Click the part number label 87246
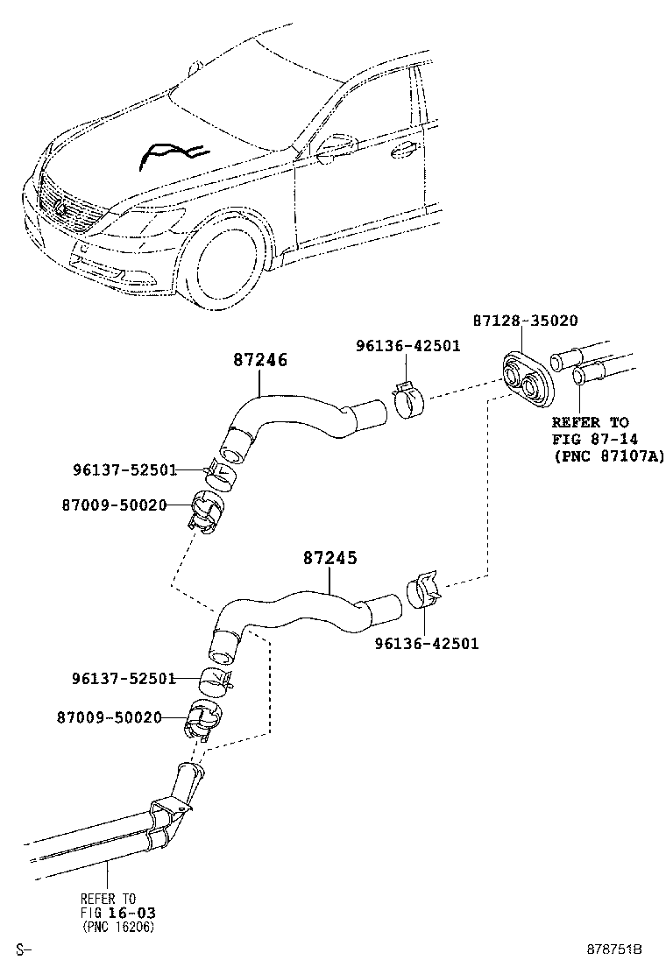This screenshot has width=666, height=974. tap(260, 360)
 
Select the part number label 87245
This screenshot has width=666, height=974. tap(330, 557)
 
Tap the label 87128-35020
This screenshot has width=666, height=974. tap(525, 321)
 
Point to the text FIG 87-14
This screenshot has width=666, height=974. tap(592, 439)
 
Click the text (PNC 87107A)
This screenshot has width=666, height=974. tap(609, 455)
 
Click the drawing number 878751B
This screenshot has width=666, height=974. tap(615, 949)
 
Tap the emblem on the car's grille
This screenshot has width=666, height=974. tap(60, 208)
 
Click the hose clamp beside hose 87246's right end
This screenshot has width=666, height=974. tap(407, 402)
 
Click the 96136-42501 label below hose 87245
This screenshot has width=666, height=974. tap(427, 644)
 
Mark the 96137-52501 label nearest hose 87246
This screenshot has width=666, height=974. tap(125, 470)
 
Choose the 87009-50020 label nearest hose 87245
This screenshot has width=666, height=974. tap(112, 717)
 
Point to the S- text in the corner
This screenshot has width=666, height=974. tap(24, 949)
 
